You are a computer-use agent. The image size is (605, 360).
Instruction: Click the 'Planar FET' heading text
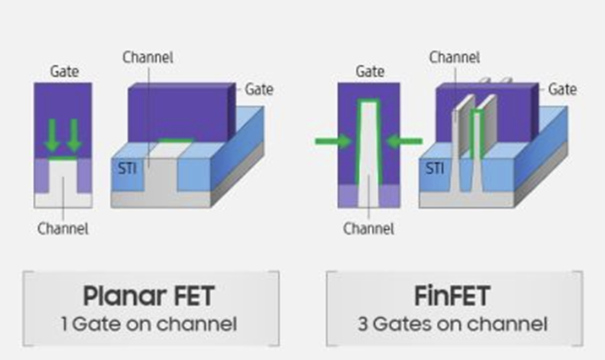[149, 297]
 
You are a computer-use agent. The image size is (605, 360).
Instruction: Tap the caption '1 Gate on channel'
[149, 323]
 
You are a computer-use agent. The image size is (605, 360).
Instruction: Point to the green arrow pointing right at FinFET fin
[332, 140]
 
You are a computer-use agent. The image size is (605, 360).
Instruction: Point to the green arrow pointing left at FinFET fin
[405, 140]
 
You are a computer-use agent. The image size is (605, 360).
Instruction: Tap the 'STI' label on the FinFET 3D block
[434, 169]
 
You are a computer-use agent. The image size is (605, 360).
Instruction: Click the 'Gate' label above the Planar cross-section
[64, 72]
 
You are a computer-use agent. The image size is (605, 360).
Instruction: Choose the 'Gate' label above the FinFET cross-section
[369, 72]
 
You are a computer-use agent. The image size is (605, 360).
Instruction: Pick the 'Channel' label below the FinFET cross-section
[369, 228]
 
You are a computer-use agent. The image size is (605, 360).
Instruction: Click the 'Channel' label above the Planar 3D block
[148, 57]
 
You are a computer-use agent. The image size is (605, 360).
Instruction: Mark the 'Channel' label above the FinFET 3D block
[455, 57]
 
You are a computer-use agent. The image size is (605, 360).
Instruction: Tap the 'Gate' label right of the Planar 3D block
[259, 88]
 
